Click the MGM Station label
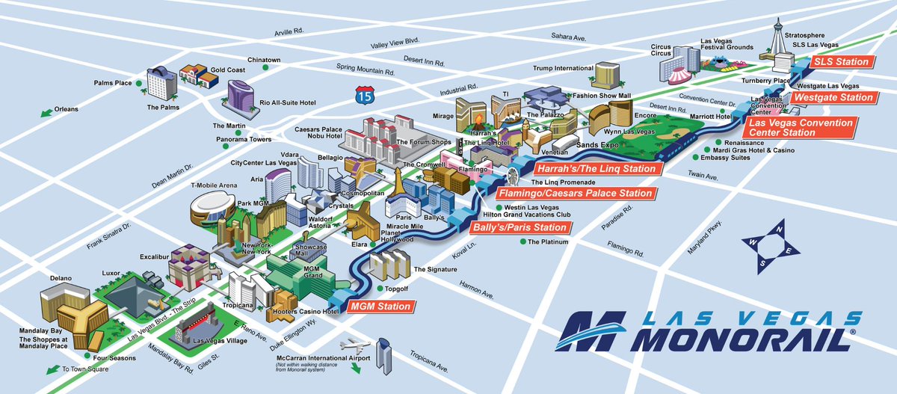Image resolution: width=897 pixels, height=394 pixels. click(x=381, y=307)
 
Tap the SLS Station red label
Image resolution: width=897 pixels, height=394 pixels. click(x=842, y=62)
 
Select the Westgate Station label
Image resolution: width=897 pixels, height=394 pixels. click(x=833, y=97)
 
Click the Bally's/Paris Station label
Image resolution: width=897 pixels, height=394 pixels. click(x=519, y=227)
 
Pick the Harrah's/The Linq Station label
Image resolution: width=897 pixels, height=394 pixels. click(x=597, y=169)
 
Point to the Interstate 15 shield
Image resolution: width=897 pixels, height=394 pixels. click(x=364, y=94)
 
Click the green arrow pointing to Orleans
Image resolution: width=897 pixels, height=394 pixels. click(x=46, y=112)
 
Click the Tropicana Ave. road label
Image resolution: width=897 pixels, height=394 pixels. click(x=428, y=361)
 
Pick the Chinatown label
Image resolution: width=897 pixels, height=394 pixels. click(x=264, y=60)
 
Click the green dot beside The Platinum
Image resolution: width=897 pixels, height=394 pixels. click(x=523, y=241)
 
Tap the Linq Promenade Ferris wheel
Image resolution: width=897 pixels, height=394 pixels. click(x=513, y=176)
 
